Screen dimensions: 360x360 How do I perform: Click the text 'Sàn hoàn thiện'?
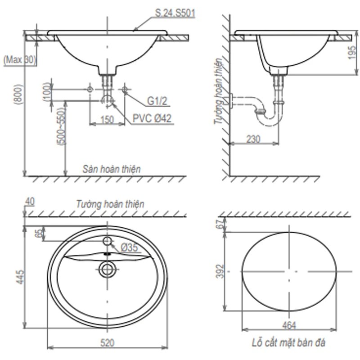[112, 169]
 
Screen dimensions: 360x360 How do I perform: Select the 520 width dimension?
[107, 342]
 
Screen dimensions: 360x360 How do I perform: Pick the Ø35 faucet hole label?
[129, 247]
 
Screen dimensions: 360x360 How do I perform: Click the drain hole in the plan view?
[107, 270]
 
